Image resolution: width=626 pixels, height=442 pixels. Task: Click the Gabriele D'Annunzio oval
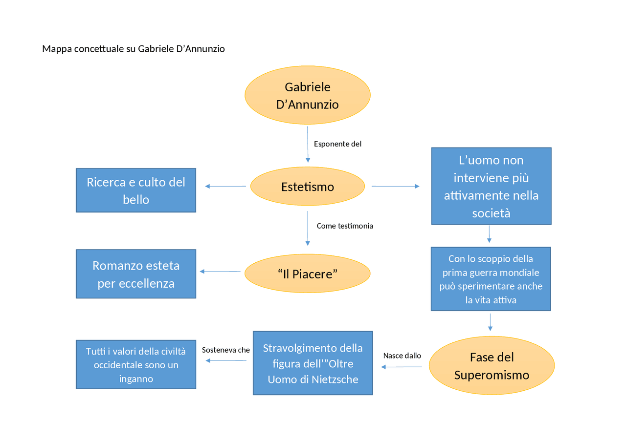[x=307, y=95]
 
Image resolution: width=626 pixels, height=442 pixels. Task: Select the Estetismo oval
[x=307, y=187]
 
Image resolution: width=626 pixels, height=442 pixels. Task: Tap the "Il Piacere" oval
[x=307, y=274]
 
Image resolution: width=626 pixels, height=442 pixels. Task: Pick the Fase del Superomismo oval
[x=492, y=365]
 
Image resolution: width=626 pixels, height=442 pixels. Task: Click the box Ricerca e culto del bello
[x=136, y=190]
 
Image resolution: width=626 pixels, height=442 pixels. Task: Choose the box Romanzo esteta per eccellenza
[x=136, y=274]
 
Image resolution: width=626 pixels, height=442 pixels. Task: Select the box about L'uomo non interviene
[x=491, y=186]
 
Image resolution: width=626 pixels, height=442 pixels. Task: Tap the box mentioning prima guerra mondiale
[x=491, y=279]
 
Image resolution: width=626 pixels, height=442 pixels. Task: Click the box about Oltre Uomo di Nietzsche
[x=313, y=363]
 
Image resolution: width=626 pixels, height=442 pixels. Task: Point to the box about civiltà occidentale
[x=136, y=364]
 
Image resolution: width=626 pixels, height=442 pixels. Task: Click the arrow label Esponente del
[x=337, y=144]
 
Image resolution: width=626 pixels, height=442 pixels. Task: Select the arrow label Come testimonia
[x=345, y=226]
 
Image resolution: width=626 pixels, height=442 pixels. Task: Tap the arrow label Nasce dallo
[x=402, y=356]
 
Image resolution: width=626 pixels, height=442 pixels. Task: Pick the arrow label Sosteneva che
[x=226, y=350]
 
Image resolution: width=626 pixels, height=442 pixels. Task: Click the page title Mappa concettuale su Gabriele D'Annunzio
[x=134, y=49]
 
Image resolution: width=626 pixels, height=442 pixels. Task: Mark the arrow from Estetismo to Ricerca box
[x=225, y=186]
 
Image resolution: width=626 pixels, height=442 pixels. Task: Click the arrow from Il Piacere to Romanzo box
[x=220, y=272]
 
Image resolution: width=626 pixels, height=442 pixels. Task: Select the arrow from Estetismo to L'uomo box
[x=395, y=186]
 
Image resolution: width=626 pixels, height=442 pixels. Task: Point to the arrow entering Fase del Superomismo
[x=490, y=322]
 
